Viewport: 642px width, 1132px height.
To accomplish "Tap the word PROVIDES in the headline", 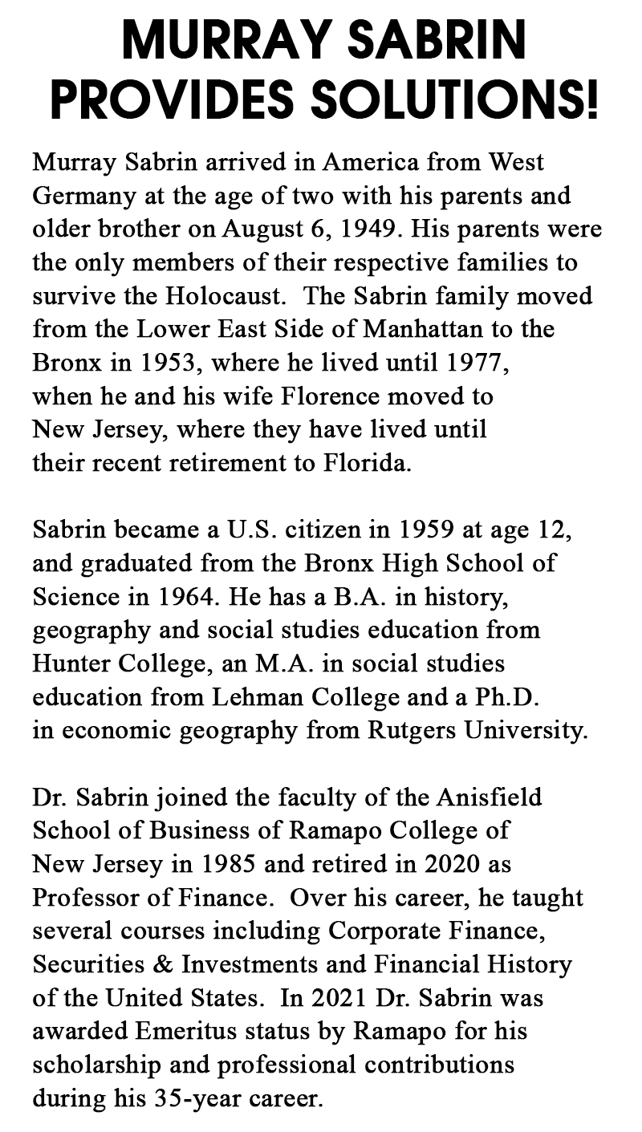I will pos(168,101).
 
